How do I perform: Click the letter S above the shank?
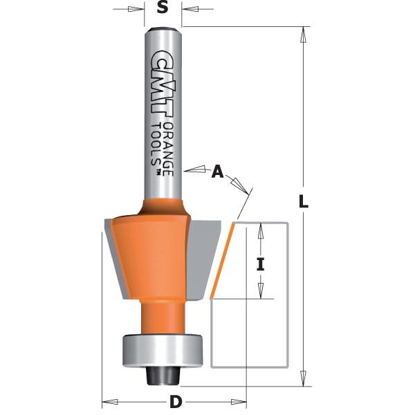[x=163, y=8]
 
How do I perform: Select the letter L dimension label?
[x=303, y=203]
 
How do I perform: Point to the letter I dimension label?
[x=261, y=263]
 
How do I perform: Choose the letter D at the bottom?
[x=176, y=402]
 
